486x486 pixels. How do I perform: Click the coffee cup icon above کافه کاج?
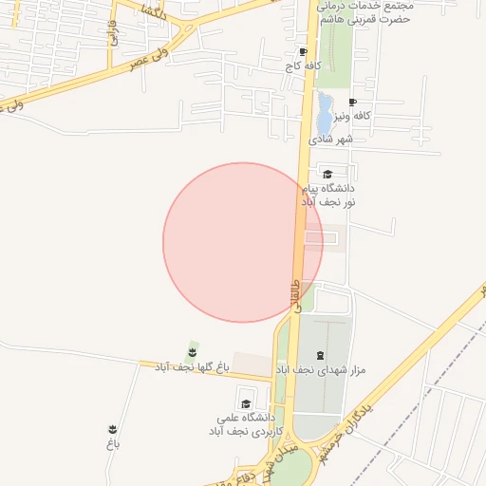(303, 52)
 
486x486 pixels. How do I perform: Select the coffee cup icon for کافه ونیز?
(353, 102)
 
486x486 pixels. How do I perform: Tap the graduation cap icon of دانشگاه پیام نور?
(327, 174)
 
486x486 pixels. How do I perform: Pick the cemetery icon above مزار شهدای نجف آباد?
(319, 355)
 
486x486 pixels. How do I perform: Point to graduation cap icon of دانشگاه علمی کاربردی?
(246, 403)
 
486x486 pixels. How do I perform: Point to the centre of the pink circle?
(243, 242)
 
